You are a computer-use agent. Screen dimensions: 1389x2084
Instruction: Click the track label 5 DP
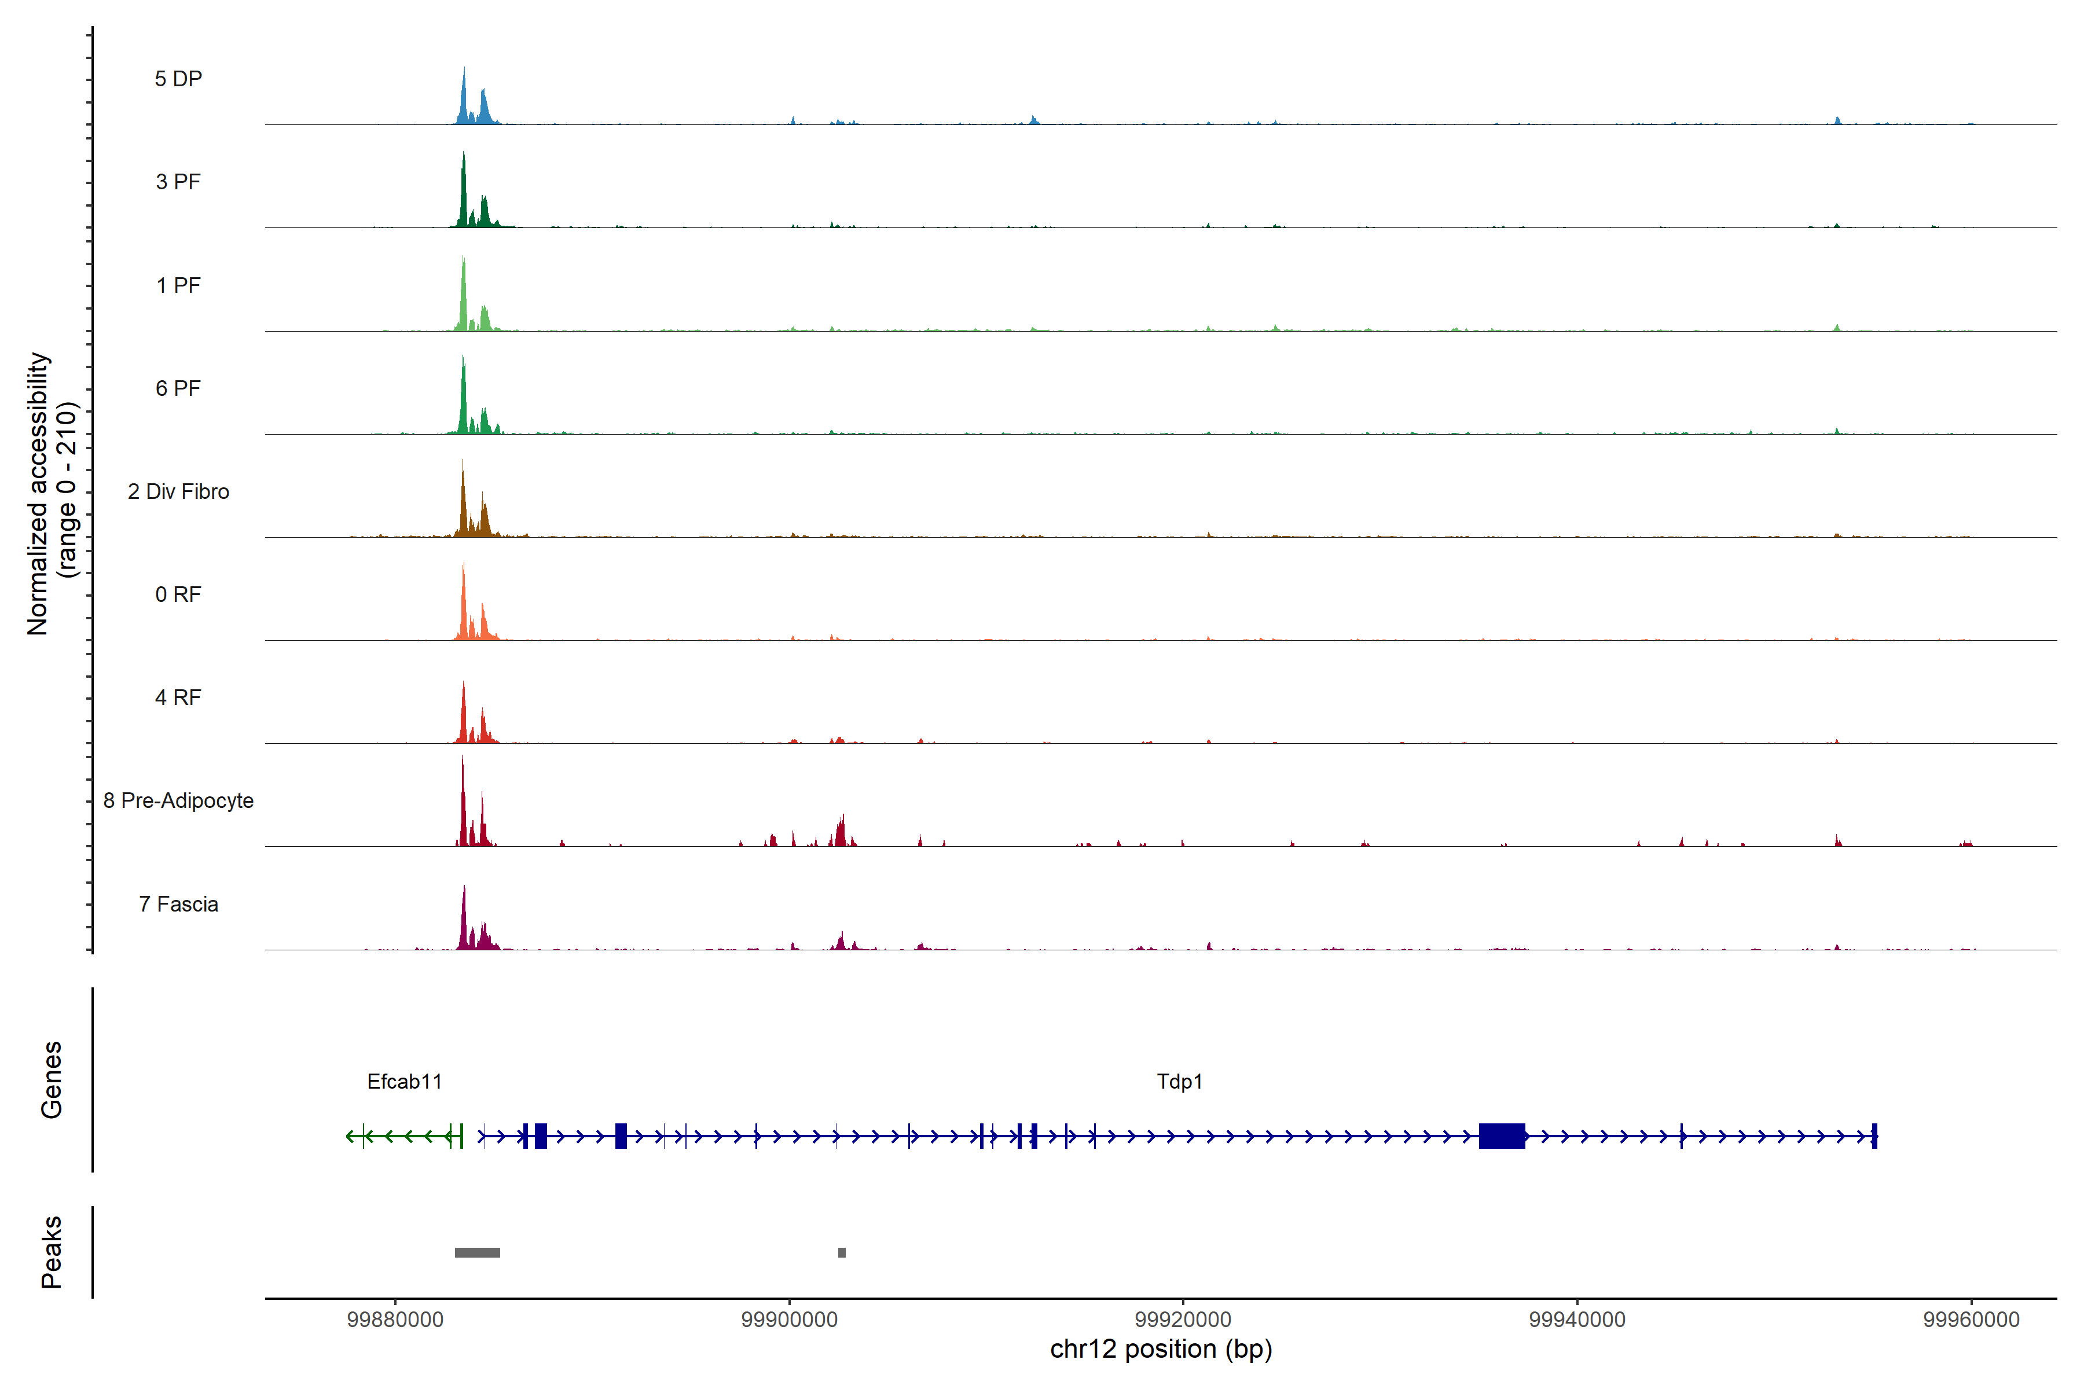tap(178, 79)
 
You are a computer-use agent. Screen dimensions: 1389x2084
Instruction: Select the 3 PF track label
tap(178, 182)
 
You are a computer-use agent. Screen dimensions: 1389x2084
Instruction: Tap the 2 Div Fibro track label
tap(178, 491)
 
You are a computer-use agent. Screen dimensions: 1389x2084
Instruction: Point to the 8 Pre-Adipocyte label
tap(178, 801)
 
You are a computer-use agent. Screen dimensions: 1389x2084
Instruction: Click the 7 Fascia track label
tap(178, 905)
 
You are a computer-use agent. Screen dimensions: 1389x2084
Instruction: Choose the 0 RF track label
tap(178, 594)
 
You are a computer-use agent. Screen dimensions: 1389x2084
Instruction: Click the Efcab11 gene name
tap(404, 1082)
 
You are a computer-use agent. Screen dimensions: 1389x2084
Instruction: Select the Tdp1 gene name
tap(1179, 1082)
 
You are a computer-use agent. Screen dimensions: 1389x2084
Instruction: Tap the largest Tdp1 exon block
tap(1502, 1136)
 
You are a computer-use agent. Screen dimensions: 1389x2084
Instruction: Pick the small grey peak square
tap(842, 1252)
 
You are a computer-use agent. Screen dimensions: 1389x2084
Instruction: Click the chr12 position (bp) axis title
tap(1161, 1349)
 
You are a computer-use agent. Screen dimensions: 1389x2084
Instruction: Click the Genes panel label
tap(52, 1080)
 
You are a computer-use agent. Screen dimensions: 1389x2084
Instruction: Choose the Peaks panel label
tap(52, 1252)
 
